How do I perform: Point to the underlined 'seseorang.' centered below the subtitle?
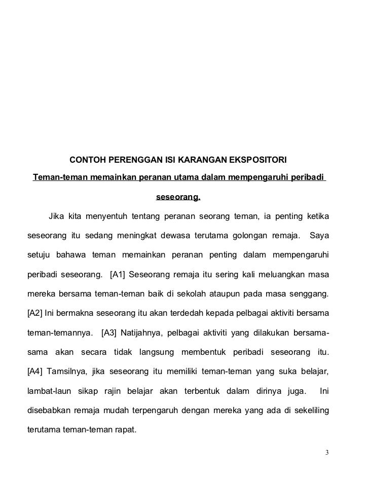(x=177, y=196)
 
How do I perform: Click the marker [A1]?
(x=118, y=276)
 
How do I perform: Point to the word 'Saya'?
(x=319, y=237)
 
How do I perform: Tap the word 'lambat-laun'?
(x=48, y=393)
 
